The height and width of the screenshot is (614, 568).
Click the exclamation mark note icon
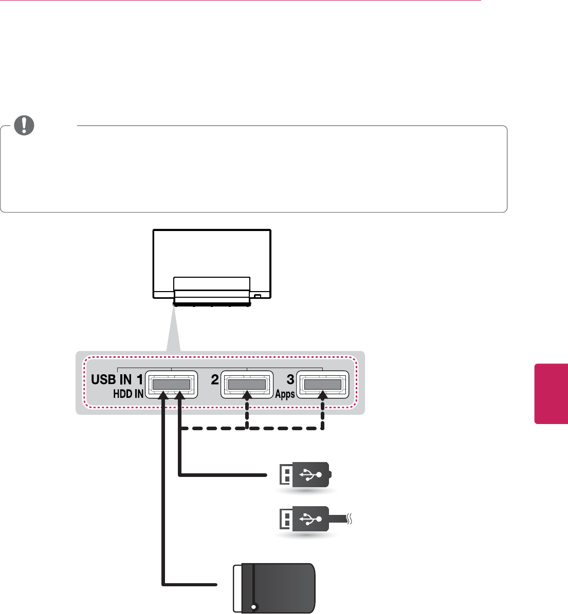(23, 125)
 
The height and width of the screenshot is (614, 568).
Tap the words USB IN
(111, 380)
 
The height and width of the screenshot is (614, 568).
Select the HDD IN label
(129, 394)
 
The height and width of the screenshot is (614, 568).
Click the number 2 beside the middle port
(215, 380)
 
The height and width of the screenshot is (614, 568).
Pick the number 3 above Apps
(290, 380)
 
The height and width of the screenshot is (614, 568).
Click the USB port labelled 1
(171, 384)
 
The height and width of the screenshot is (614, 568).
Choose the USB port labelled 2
(247, 384)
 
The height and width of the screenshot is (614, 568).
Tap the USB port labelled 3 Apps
(322, 384)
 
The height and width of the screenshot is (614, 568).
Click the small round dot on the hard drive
(253, 607)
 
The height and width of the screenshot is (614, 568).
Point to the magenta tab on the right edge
(552, 394)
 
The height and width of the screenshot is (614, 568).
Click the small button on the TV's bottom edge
(258, 296)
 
